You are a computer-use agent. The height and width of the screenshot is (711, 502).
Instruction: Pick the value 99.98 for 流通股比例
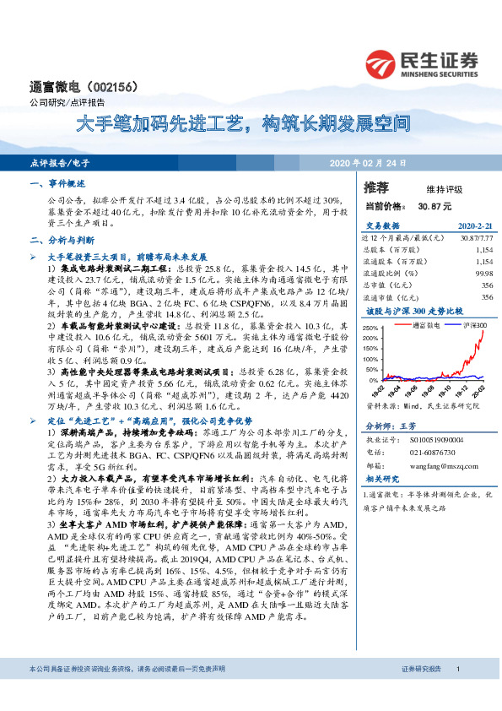tap(483, 274)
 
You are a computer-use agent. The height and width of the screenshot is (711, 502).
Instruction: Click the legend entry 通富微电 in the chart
tap(429, 324)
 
